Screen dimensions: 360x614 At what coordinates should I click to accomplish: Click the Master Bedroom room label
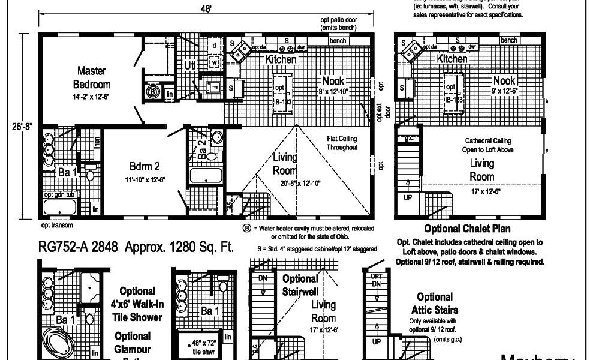click(x=92, y=78)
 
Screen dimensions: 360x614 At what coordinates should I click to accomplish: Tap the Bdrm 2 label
click(x=145, y=166)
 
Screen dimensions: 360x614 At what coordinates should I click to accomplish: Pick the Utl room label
click(x=190, y=65)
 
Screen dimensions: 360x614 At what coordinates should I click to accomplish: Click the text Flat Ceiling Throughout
click(x=342, y=143)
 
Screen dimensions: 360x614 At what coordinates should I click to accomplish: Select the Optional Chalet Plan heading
click(x=467, y=229)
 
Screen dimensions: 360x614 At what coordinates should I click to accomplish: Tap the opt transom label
click(x=58, y=226)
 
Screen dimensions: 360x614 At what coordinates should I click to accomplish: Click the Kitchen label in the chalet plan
click(x=452, y=59)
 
